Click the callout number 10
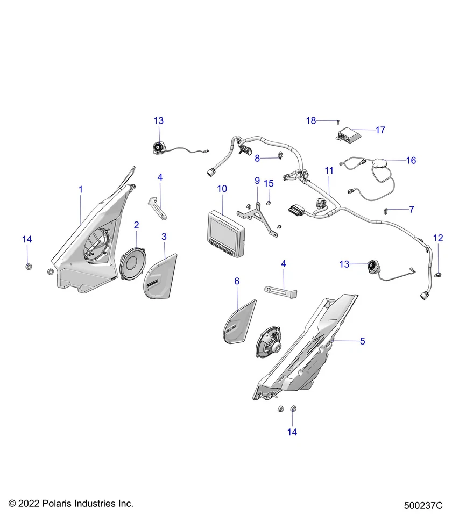point(222,189)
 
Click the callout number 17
point(380,130)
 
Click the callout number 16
point(411,160)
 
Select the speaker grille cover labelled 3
point(160,276)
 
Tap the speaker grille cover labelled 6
point(234,324)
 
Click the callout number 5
point(362,341)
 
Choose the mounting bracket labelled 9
point(261,213)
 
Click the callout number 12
point(439,238)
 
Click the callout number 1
point(81,189)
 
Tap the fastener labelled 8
point(280,156)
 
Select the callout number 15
point(269,183)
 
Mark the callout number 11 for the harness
point(329,170)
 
